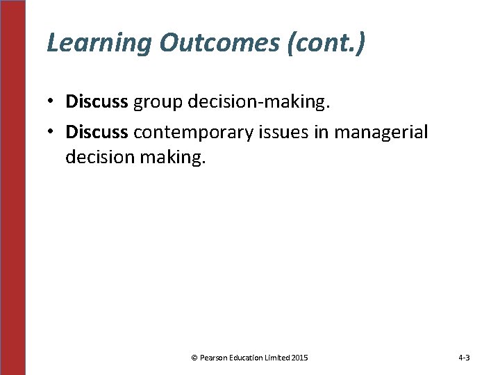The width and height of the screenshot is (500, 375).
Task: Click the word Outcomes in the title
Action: pos(217,43)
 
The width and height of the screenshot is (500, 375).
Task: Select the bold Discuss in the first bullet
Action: pos(97,102)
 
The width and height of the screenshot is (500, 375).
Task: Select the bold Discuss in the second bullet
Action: pos(97,132)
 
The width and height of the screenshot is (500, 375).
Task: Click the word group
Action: pos(156,103)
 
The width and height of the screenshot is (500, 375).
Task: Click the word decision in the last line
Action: pos(102,158)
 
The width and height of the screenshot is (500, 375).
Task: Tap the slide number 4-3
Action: pos(464,358)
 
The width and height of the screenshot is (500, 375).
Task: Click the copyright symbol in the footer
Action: pos(194,358)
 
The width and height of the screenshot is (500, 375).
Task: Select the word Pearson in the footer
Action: pos(214,358)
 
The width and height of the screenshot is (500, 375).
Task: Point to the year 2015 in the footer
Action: pos(300,358)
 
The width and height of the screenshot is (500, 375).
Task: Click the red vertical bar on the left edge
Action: pos(12,187)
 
